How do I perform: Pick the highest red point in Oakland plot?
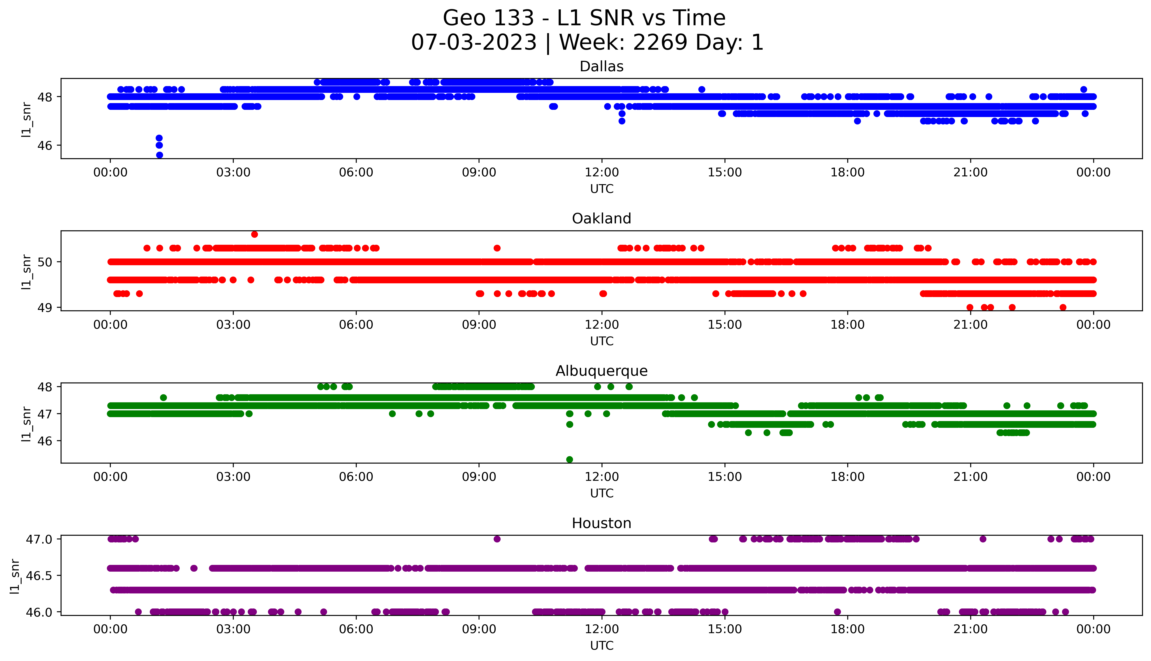(x=254, y=234)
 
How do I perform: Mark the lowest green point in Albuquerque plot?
(x=569, y=459)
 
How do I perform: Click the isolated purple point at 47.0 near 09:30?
(x=497, y=539)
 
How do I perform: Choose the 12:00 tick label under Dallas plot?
(x=602, y=173)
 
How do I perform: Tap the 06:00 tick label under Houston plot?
(x=356, y=629)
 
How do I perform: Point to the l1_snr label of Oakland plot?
(x=26, y=272)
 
